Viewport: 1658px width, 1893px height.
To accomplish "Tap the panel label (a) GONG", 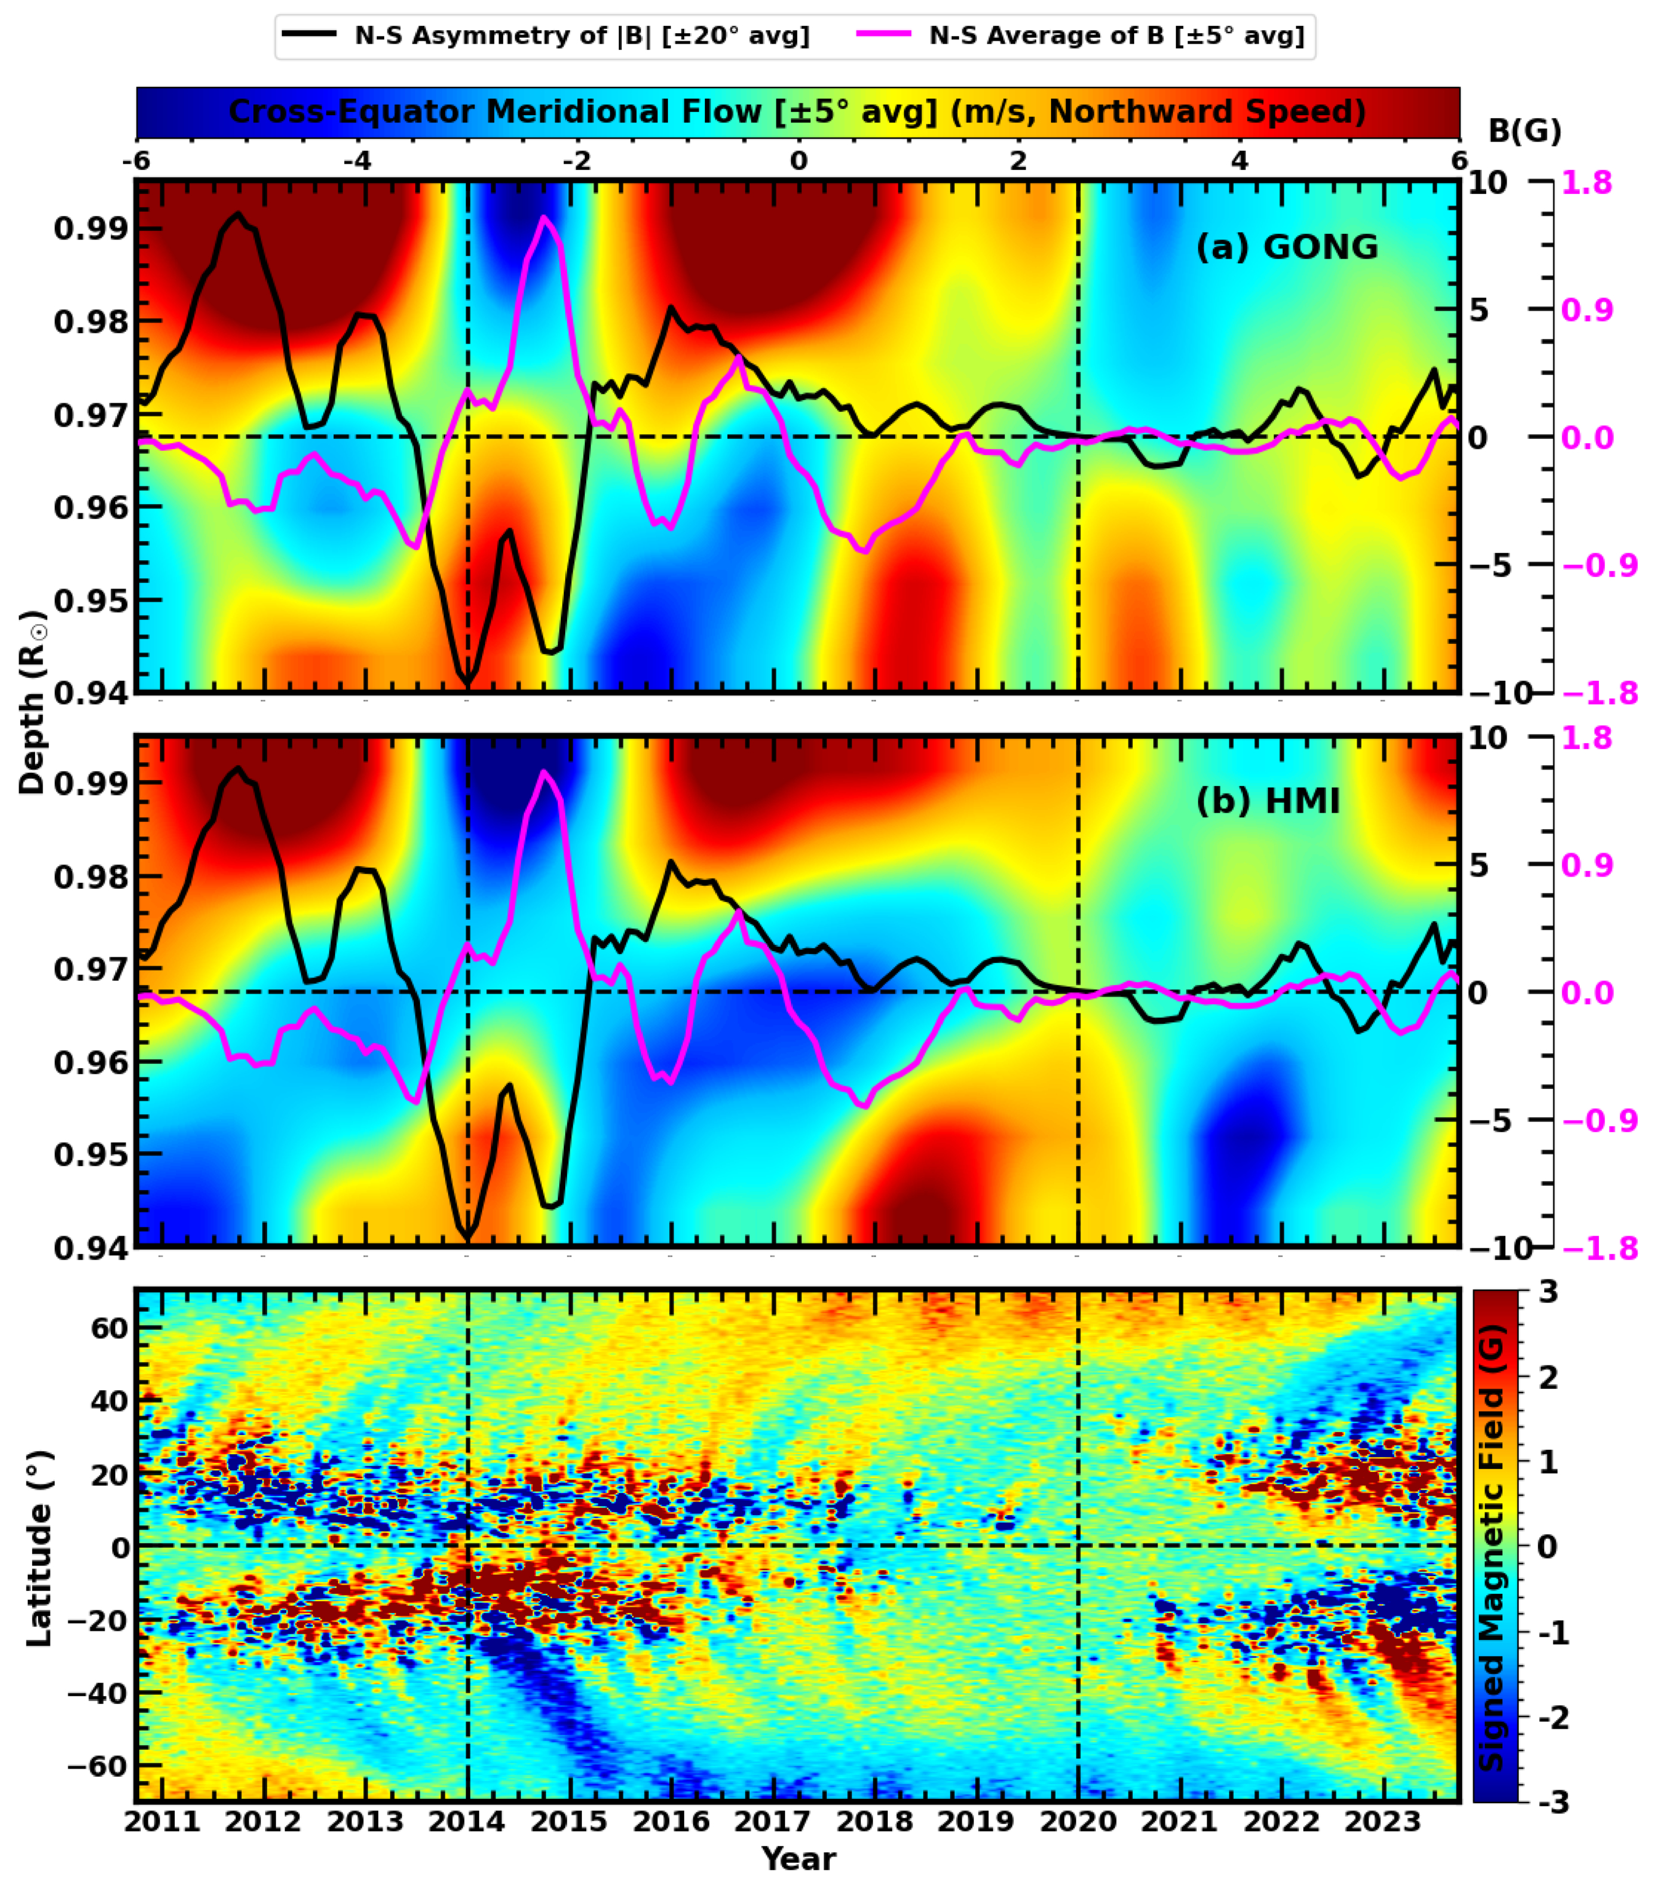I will pos(1287,247).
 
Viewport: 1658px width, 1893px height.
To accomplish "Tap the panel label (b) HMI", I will pos(1268,802).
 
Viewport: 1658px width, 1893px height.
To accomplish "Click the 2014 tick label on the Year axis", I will pos(467,1822).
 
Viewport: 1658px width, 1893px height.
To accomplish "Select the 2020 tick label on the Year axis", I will pos(1078,1822).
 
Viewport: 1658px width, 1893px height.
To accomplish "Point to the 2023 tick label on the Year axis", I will pos(1382,1822).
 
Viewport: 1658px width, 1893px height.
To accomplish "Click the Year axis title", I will pos(799,1859).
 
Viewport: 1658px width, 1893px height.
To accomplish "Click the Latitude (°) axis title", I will pos(39,1548).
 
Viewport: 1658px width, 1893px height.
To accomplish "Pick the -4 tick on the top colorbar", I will pos(357,161).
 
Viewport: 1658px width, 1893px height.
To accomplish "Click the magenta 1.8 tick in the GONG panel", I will pos(1587,183).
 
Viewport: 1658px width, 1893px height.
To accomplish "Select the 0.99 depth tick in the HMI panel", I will pos(90,782).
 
